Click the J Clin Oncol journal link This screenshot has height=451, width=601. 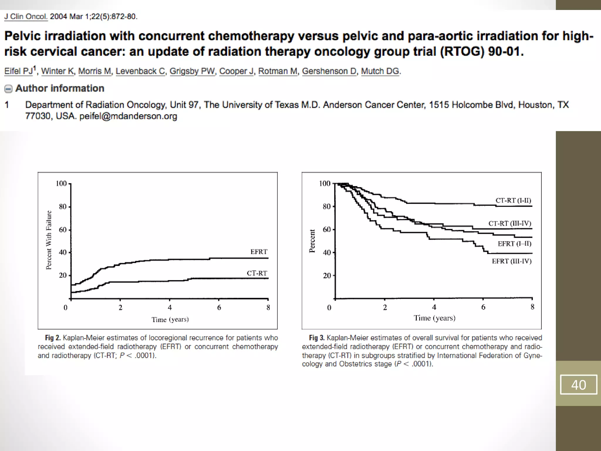[x=26, y=16]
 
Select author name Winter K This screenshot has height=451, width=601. [x=58, y=71]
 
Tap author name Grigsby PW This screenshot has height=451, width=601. [x=192, y=71]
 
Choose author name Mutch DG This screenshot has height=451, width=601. [x=380, y=71]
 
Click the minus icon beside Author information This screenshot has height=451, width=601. [x=9, y=89]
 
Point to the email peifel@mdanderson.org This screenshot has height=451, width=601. [x=128, y=116]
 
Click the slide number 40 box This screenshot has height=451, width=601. [x=578, y=385]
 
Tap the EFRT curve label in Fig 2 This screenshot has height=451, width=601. [x=259, y=252]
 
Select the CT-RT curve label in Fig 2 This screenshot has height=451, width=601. [x=257, y=273]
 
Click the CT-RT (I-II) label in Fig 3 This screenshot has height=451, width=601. [x=513, y=200]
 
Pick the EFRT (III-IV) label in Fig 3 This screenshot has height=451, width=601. [x=511, y=261]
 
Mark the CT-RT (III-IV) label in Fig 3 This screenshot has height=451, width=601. [x=510, y=223]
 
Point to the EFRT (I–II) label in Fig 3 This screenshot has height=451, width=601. [x=514, y=244]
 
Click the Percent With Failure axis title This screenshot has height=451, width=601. [x=49, y=240]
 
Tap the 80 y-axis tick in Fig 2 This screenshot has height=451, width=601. [x=63, y=207]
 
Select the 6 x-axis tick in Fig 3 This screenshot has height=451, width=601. [x=483, y=307]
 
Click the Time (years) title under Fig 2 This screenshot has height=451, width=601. [x=170, y=319]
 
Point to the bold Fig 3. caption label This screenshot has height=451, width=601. [x=317, y=338]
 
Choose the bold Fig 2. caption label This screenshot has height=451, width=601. [x=53, y=338]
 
